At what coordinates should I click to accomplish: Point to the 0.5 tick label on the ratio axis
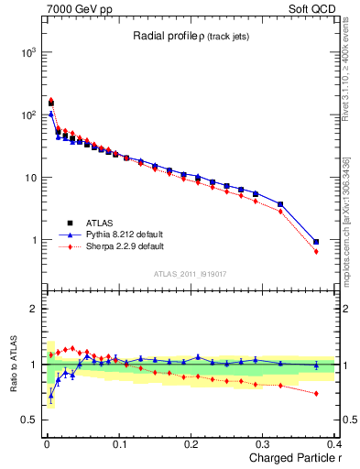27,420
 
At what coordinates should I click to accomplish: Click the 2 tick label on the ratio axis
32,309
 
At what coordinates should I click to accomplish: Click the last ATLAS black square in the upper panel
316,242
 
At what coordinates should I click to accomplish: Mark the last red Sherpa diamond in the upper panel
316,251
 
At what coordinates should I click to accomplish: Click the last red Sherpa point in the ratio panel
316,394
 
